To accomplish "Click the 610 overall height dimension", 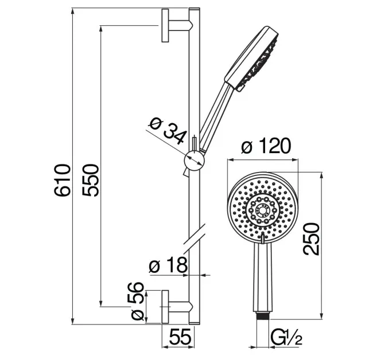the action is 62,180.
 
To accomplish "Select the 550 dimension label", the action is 91,180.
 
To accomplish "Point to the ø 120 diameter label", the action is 266,146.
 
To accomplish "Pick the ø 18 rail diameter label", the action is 168,265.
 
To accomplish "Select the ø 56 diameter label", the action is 136,301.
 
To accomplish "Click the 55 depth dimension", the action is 180,336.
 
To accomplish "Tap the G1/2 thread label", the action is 287,337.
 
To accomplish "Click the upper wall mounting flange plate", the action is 165,25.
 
